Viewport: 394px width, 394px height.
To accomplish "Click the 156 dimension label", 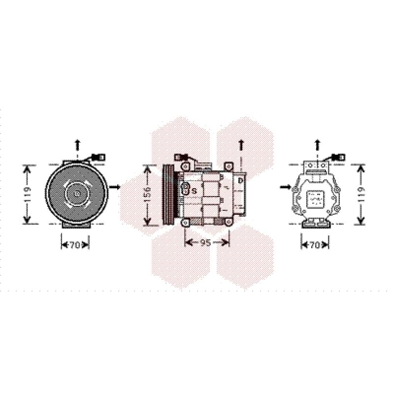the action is point(148,195).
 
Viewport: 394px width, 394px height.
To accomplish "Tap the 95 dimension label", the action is point(205,242).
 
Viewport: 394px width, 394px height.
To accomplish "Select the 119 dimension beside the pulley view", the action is point(28,194).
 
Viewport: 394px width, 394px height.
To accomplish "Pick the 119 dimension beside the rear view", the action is point(361,194).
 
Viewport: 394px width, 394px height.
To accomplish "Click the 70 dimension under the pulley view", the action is point(74,245).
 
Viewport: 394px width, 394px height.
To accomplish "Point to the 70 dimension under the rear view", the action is point(314,245).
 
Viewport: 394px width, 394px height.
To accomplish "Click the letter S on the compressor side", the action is point(194,191).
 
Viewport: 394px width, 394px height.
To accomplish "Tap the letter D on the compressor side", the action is point(240,180).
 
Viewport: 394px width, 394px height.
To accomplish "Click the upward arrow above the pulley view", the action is point(77,145).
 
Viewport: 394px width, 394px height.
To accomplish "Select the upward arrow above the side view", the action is point(241,145).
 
